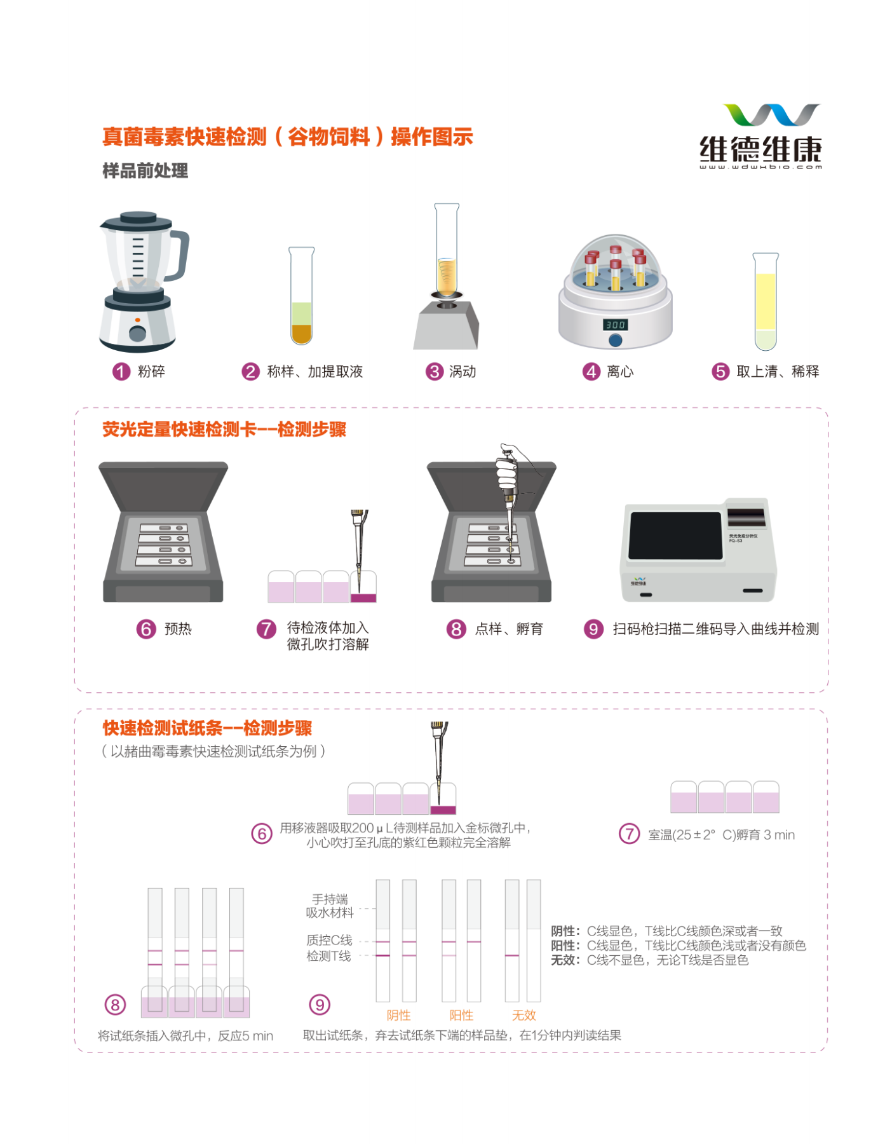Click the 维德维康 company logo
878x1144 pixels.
tap(760, 136)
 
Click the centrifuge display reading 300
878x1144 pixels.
tap(615, 324)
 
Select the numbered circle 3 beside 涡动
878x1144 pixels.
tap(435, 371)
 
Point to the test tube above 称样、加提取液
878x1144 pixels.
tap(302, 296)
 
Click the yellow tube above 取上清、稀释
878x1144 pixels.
tap(766, 301)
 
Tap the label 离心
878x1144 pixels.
tap(620, 371)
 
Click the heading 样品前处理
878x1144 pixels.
tap(145, 170)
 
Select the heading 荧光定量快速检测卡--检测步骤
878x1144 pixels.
tap(224, 430)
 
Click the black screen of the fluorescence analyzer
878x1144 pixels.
tap(675, 536)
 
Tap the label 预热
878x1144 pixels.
tap(178, 629)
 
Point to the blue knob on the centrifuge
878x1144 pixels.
tap(615, 340)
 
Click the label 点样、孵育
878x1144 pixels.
tap(509, 629)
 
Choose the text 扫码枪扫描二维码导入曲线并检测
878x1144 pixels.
tap(716, 629)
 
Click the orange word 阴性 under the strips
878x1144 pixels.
tap(399, 1015)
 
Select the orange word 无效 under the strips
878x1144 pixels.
tap(524, 1015)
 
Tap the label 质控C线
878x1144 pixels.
tap(329, 940)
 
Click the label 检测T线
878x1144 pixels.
tap(328, 956)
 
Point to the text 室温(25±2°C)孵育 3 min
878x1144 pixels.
tap(721, 834)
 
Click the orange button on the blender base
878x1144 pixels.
tap(138, 320)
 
